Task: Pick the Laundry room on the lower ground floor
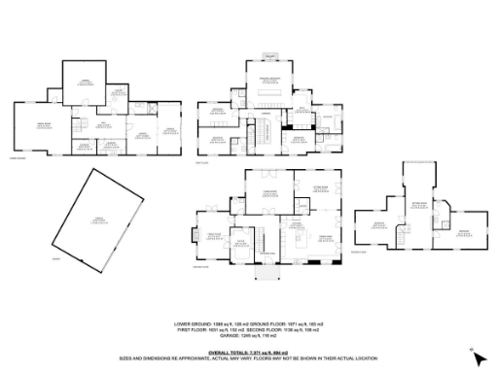[115, 92]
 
